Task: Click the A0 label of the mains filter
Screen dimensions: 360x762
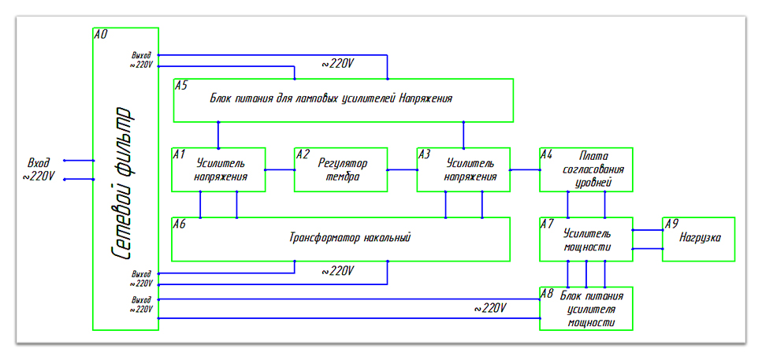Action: tap(100, 35)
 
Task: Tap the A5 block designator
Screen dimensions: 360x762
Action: tap(181, 85)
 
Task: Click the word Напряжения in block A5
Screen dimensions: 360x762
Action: tap(426, 98)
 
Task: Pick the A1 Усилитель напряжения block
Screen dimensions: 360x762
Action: tap(218, 169)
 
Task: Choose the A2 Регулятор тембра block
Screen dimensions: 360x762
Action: tap(340, 169)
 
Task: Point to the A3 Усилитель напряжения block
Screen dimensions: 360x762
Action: tap(463, 169)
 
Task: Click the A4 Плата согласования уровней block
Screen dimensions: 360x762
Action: tap(586, 169)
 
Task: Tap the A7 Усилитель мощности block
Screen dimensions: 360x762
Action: tap(586, 239)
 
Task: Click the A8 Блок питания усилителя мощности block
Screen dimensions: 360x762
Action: tap(586, 308)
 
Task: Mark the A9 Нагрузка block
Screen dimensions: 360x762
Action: tap(699, 239)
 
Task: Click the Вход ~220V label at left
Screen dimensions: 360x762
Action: tap(39, 169)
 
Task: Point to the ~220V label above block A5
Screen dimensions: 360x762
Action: tap(337, 64)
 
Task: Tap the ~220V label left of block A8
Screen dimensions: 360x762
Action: tap(489, 307)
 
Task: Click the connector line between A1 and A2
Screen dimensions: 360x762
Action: tap(280, 169)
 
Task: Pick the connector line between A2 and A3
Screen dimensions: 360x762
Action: tap(402, 169)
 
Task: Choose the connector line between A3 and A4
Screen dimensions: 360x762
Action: tap(524, 169)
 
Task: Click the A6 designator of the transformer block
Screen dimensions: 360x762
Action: tap(180, 224)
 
